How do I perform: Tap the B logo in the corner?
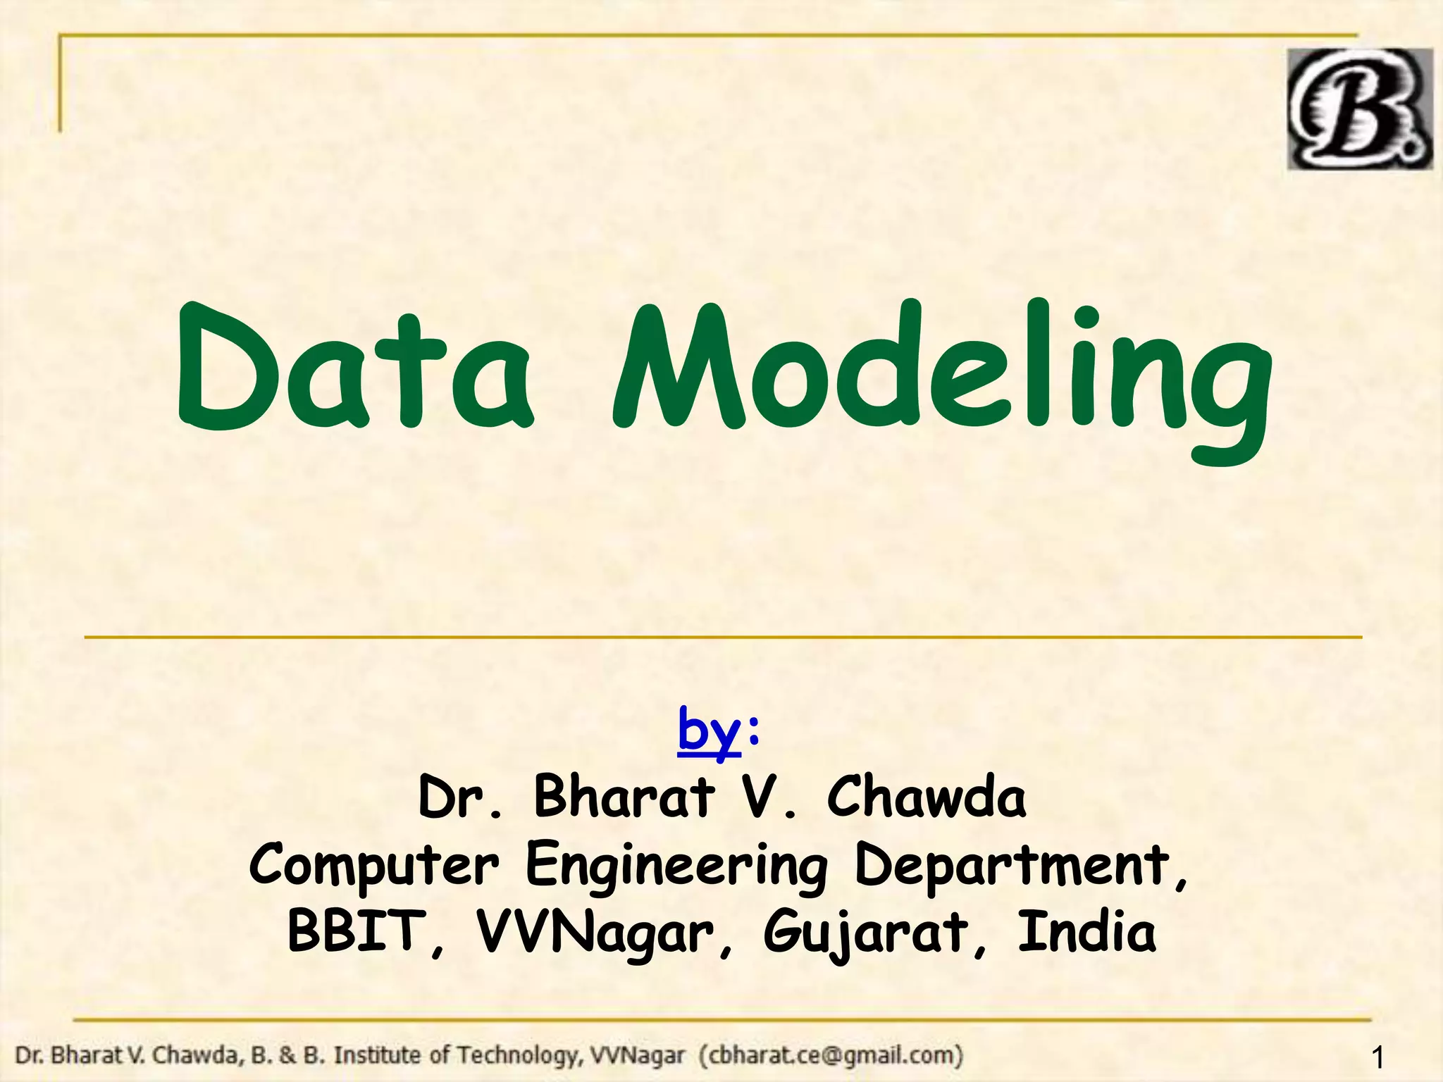click(1358, 109)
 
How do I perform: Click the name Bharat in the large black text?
click(624, 797)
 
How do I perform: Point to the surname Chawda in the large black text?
click(926, 797)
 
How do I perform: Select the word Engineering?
click(676, 866)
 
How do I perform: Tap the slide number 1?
click(1378, 1057)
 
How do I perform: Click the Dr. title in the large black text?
click(460, 797)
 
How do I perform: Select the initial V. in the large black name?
click(769, 797)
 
